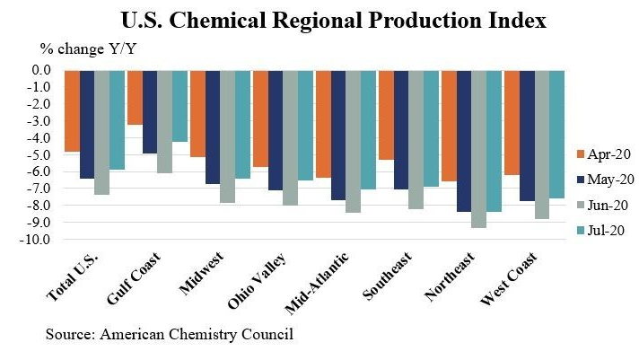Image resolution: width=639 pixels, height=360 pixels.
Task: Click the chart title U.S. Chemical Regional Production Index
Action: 319,20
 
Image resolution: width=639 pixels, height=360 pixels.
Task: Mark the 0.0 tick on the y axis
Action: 44,70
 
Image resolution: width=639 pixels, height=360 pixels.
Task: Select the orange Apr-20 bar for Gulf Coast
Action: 135,97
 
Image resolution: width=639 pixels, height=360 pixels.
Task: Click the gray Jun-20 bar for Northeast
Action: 479,149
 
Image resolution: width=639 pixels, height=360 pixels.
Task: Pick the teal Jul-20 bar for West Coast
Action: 556,134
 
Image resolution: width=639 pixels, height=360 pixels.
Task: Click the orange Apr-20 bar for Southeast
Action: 386,115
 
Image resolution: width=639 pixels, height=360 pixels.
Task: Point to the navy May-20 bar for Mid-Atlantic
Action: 338,135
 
